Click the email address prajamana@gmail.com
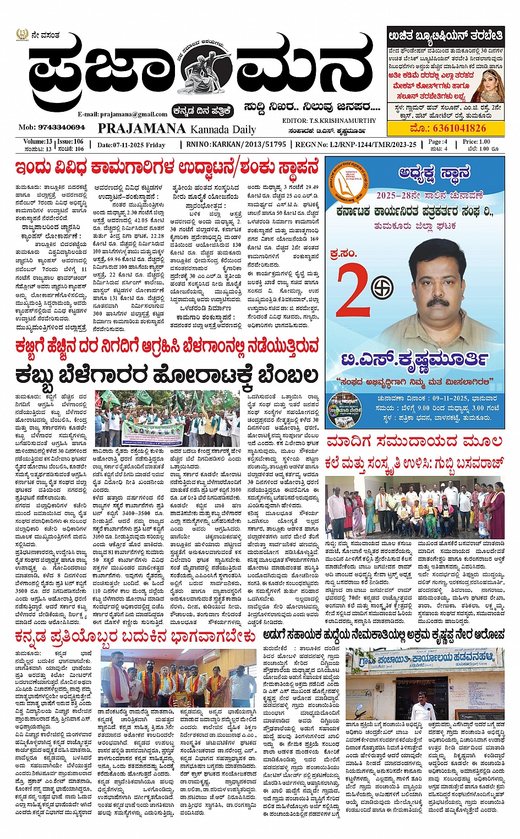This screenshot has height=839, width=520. [x=122, y=114]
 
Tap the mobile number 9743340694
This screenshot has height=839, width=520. [x=52, y=127]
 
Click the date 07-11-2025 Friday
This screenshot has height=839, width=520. [x=131, y=145]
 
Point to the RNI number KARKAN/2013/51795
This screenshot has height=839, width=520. [x=236, y=144]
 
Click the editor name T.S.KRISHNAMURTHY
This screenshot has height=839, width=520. [x=329, y=121]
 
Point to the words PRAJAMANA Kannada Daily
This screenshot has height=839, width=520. [x=177, y=129]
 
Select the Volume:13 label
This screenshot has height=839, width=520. [x=38, y=142]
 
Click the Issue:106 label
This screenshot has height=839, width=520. [x=70, y=142]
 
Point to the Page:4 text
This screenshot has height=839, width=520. [x=438, y=142]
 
